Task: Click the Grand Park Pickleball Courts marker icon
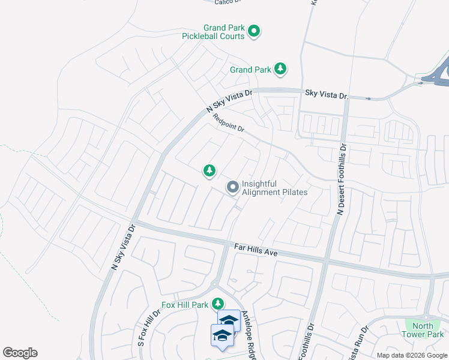click(254, 30)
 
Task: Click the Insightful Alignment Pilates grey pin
click(232, 188)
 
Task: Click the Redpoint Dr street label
click(229, 124)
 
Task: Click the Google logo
click(20, 353)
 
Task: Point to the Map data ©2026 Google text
click(412, 355)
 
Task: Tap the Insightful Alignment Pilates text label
click(274, 188)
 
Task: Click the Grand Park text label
click(250, 70)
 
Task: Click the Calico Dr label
click(228, 2)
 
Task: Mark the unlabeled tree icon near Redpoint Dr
click(209, 171)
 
